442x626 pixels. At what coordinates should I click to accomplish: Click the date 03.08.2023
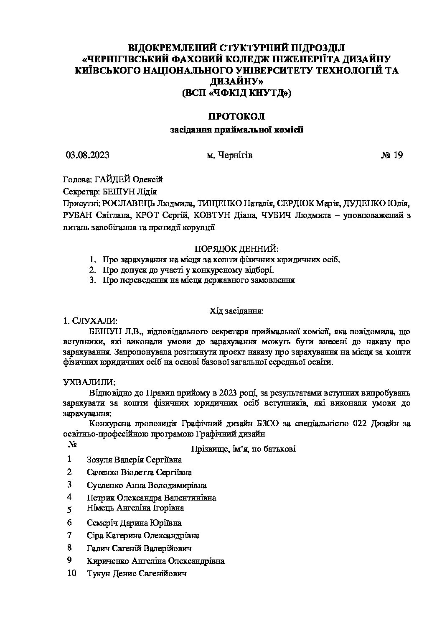88,155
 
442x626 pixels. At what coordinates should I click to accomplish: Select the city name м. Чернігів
229,155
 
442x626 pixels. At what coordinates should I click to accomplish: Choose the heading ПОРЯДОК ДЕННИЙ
236,249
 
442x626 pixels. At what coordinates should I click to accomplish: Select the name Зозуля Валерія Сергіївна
134,460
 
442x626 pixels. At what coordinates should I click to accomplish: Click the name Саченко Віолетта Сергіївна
139,472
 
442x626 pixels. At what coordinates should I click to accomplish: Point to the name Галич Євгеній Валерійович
139,548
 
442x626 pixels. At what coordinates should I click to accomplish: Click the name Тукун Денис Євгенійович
136,573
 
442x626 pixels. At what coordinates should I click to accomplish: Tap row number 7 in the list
69,535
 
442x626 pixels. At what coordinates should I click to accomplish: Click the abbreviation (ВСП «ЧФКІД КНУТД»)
236,93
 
